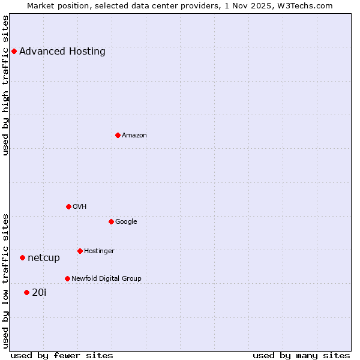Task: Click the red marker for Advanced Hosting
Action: (14, 52)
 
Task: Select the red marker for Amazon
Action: (118, 135)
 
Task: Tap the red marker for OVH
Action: (68, 206)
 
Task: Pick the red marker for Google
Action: (111, 221)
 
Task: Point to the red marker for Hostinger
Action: (80, 251)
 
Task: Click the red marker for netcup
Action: (22, 257)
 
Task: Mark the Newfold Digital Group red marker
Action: (67, 278)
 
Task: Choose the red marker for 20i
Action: (26, 292)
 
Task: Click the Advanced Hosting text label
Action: (62, 52)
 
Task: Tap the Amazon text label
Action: (134, 136)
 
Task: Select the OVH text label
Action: (80, 207)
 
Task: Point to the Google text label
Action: (126, 222)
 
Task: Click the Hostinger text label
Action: (99, 251)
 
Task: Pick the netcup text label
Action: (44, 258)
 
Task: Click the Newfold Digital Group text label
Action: (106, 279)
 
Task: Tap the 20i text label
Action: (39, 293)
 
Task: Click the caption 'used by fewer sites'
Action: (62, 355)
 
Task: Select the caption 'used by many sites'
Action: (301, 355)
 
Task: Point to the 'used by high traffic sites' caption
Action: (5, 85)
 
